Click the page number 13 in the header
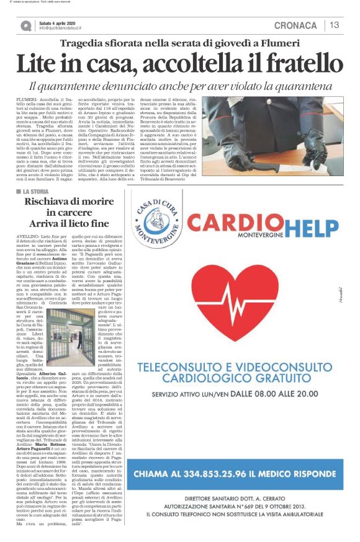(334, 25)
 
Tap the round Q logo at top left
(25, 25)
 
